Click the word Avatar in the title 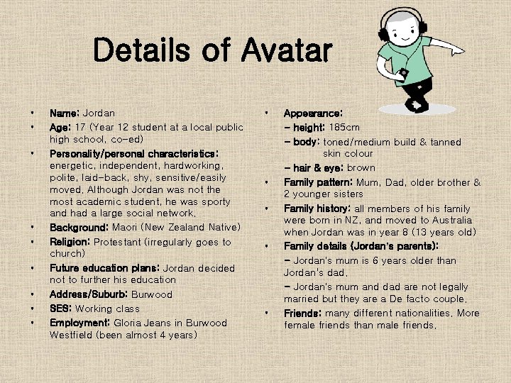coord(287,50)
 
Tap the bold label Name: coord(65,113)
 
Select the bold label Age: coord(62,127)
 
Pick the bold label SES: coord(61,309)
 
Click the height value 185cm coord(344,127)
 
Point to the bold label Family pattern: coord(323,182)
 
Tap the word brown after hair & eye coord(361,167)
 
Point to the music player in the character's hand coord(403,73)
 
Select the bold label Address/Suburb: coord(90,294)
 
